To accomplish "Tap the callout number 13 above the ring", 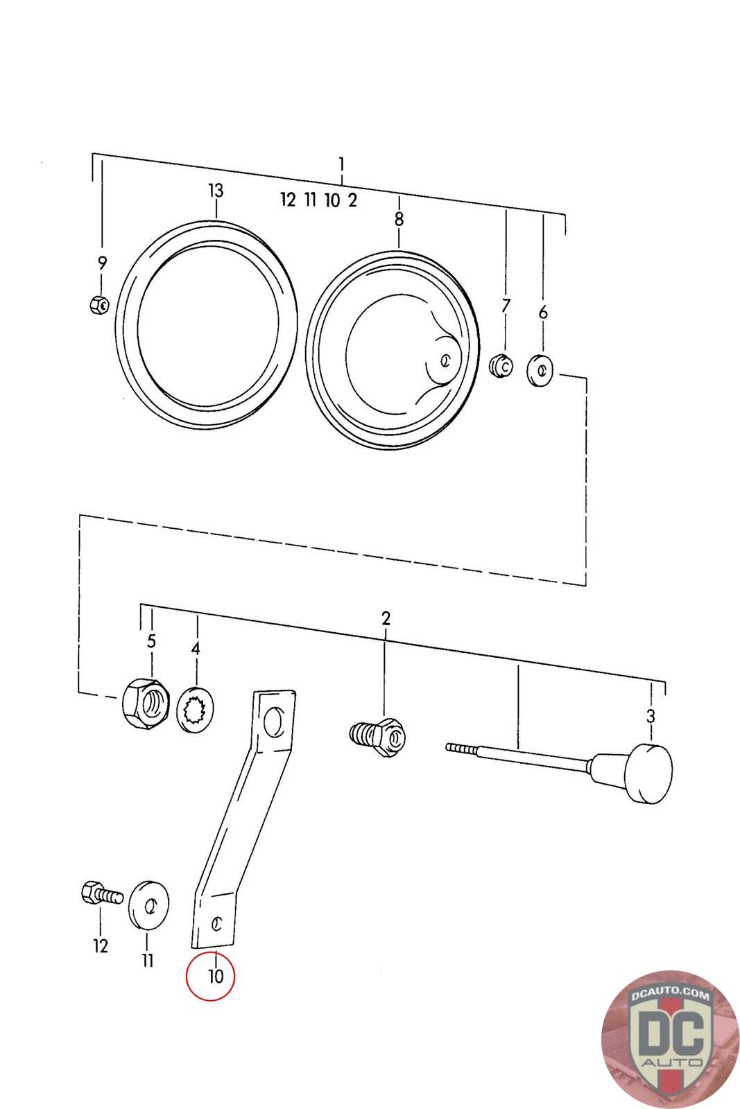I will coord(216,191).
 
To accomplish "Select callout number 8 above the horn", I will coord(399,220).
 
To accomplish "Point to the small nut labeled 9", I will coord(99,304).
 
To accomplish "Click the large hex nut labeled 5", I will coord(145,701).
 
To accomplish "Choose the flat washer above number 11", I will coord(148,904).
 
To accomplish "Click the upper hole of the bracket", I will coord(276,721).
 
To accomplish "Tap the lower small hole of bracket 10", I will coord(217,923).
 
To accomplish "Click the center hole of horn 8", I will coord(445,360).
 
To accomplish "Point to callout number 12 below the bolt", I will coord(101,945).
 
